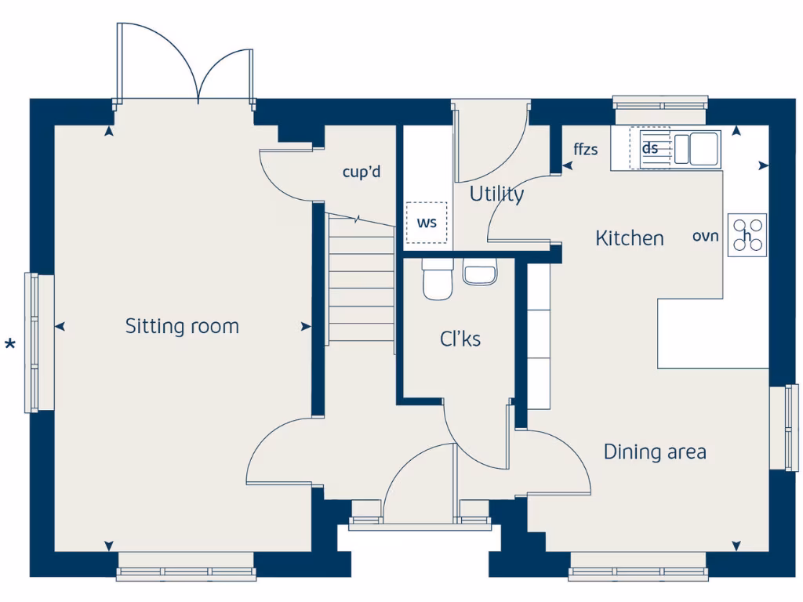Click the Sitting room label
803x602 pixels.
coord(182,326)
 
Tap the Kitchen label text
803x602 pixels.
coord(629,238)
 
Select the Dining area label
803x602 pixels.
coord(654,452)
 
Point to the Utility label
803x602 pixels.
coord(496,194)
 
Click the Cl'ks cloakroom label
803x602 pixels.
coord(460,339)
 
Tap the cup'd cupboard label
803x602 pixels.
coord(362,172)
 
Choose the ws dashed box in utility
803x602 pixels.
coord(427,223)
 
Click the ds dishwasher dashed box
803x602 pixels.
coord(650,148)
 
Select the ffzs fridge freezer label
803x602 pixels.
coord(586,149)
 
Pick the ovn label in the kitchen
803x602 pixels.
coord(705,236)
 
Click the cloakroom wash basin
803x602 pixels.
coord(479,273)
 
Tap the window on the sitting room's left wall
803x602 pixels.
coord(32,342)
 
